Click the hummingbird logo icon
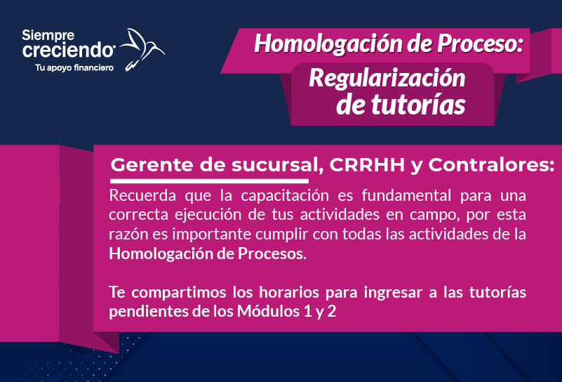click(142, 49)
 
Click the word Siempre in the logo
click(48, 36)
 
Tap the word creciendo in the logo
click(69, 51)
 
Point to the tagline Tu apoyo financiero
click(74, 68)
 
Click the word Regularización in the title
click(387, 79)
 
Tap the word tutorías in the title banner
click(418, 105)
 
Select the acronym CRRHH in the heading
click(367, 165)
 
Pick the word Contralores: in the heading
click(491, 165)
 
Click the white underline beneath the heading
click(209, 181)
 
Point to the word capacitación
click(285, 196)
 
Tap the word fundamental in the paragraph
click(406, 195)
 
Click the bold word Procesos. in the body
click(272, 253)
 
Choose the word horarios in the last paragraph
click(289, 292)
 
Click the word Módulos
click(268, 311)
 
